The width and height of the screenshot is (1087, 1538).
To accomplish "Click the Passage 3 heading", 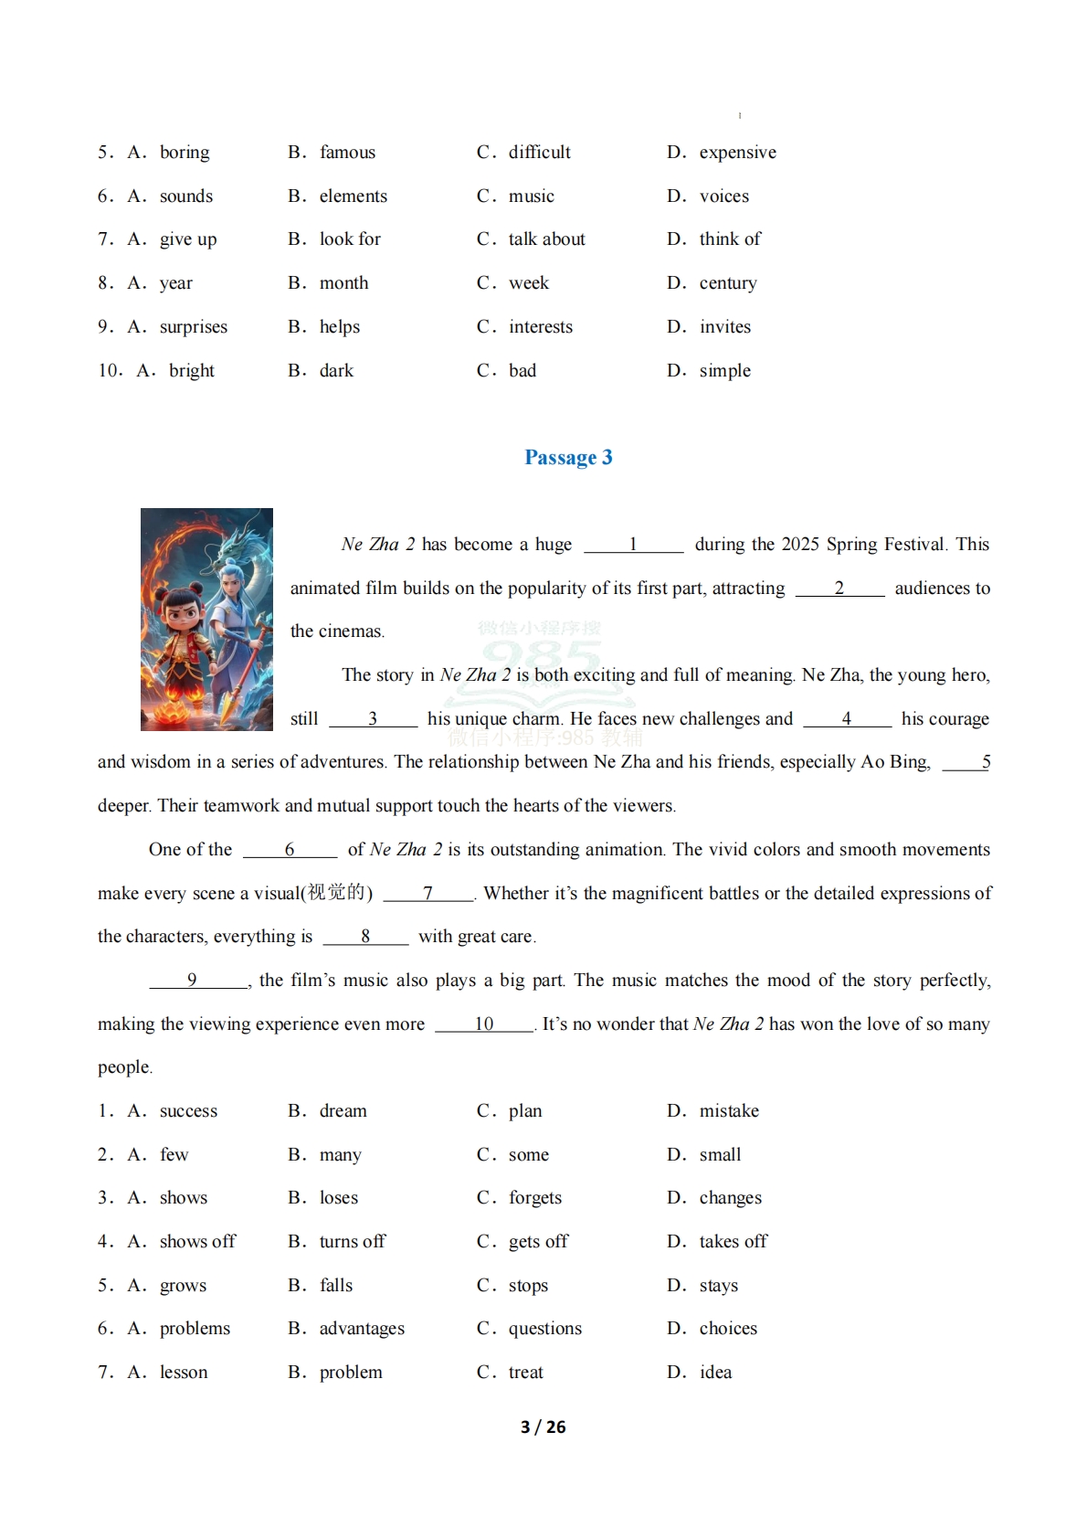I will pyautogui.click(x=568, y=457).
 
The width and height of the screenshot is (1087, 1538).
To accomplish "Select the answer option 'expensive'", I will pyautogui.click(x=737, y=153).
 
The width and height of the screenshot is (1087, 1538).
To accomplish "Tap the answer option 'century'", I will pyautogui.click(x=728, y=283).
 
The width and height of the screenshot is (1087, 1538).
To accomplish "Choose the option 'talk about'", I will pyautogui.click(x=546, y=239).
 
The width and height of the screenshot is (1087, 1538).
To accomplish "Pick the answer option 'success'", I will pyautogui.click(x=188, y=1111).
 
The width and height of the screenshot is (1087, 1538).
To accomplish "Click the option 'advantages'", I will pyautogui.click(x=362, y=1329).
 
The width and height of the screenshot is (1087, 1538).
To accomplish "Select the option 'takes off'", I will pyautogui.click(x=733, y=1242).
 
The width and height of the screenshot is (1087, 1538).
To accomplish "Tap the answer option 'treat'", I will pyautogui.click(x=525, y=1373).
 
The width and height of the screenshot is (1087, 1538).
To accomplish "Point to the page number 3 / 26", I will pyautogui.click(x=543, y=1427).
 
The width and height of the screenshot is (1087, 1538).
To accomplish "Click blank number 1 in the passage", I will pyautogui.click(x=633, y=545).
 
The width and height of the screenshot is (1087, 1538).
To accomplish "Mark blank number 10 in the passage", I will pyautogui.click(x=484, y=1024).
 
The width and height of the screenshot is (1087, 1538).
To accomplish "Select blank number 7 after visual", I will pyautogui.click(x=427, y=894).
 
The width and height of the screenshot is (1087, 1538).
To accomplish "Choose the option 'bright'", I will pyautogui.click(x=192, y=371).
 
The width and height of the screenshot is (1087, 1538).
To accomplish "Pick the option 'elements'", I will pyautogui.click(x=353, y=196).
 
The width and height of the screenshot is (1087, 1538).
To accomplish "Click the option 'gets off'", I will pyautogui.click(x=538, y=1242).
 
